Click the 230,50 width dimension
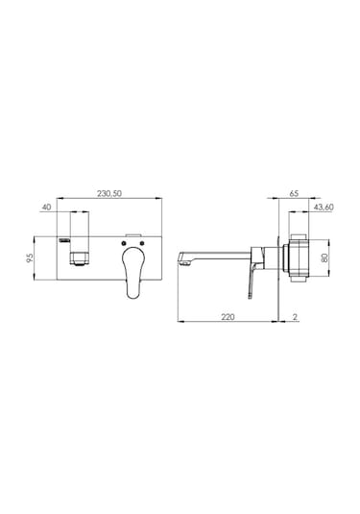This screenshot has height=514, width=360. [x=109, y=193]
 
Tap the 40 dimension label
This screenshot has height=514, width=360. [x=47, y=208]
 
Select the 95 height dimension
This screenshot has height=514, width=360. [x=30, y=258]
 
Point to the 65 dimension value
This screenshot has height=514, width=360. [x=294, y=193]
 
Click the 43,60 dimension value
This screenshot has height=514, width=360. [x=324, y=208]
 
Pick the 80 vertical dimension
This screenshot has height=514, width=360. [x=324, y=258]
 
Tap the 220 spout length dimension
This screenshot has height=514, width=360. [x=228, y=317]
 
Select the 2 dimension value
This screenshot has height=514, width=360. [x=295, y=317]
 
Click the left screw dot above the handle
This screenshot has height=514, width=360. [x=124, y=243]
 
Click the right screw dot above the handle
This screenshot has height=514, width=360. [x=142, y=243]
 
